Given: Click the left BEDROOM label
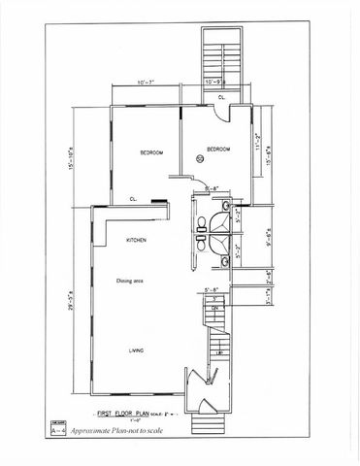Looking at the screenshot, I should tap(150, 153).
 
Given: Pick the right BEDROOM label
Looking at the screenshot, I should tap(217, 150).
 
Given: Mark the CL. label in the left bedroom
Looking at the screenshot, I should tap(133, 198).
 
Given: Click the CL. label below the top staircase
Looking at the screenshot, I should tap(222, 97).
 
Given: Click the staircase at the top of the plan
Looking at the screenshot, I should tap(214, 57).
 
